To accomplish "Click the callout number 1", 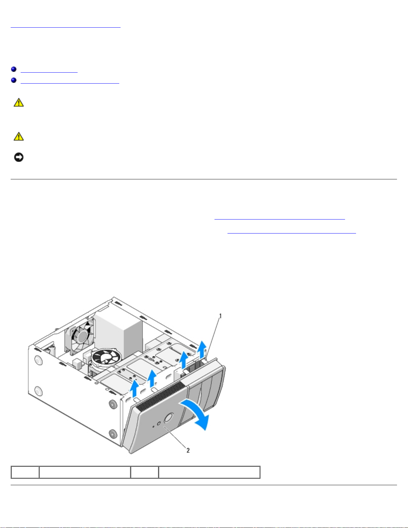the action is pyautogui.click(x=220, y=316).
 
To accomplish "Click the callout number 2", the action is pyautogui.click(x=188, y=450).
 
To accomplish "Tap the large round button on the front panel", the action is pyautogui.click(x=169, y=418).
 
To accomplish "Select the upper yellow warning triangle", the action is pyautogui.click(x=19, y=103).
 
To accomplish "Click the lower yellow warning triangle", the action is pyautogui.click(x=19, y=136).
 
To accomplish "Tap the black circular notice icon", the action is pyautogui.click(x=19, y=157).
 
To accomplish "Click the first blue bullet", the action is pyautogui.click(x=14, y=69).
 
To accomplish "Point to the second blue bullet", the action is pyautogui.click(x=14, y=80).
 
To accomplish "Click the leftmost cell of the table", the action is pyautogui.click(x=25, y=472).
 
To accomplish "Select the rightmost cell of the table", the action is pyautogui.click(x=209, y=472).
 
